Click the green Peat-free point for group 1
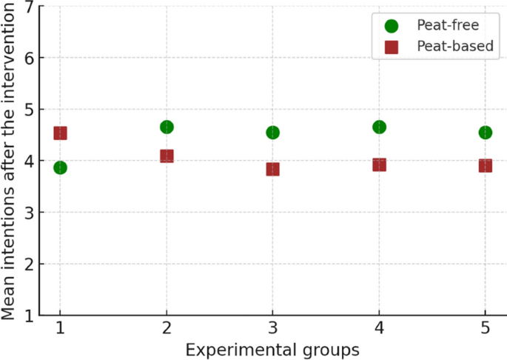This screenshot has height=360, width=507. (60, 167)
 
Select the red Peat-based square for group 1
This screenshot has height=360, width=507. (60, 133)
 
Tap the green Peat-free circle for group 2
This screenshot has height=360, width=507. (167, 127)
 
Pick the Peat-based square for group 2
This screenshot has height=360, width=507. (167, 156)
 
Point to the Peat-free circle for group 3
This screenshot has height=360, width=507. (272, 133)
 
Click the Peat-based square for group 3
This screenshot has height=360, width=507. (272, 169)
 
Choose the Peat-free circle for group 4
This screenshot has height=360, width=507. (379, 127)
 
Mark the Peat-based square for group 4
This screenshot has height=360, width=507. (379, 164)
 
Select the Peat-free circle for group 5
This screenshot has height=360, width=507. (485, 133)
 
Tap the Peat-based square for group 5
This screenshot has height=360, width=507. (485, 165)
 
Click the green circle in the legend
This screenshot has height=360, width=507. (392, 26)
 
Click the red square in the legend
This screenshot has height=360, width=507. (392, 47)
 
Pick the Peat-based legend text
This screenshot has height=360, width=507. (454, 47)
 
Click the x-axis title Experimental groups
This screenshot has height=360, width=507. (272, 348)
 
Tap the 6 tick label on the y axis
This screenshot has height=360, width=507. (30, 58)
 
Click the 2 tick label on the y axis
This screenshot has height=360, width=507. (30, 264)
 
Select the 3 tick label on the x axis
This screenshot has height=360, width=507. (272, 328)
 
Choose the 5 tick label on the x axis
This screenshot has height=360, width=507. (485, 328)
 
